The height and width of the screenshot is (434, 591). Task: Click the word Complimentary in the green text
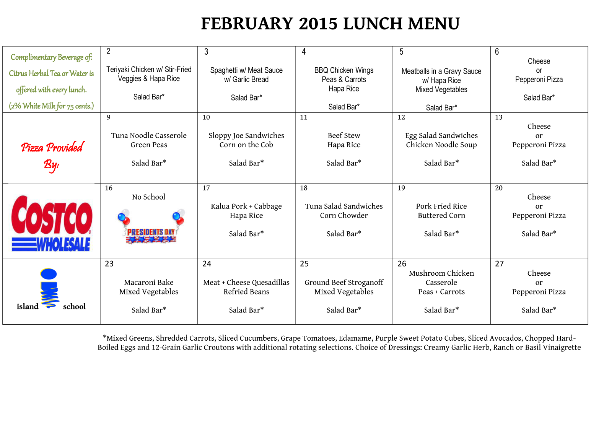(33, 57)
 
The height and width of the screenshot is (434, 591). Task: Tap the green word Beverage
(70, 57)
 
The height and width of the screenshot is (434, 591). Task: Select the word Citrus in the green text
(18, 73)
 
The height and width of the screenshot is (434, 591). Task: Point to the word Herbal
(38, 73)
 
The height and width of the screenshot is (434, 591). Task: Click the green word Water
(78, 73)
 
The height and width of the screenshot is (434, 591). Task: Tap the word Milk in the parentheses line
(49, 106)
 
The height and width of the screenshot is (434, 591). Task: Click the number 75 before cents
(70, 107)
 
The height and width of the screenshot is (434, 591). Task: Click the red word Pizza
(32, 148)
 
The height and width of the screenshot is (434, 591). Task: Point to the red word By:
(51, 165)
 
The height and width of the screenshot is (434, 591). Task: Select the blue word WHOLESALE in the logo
(63, 245)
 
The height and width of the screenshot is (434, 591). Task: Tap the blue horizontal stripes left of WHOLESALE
(24, 245)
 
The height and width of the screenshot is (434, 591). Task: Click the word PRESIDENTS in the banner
(145, 232)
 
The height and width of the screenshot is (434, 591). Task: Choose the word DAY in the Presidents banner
(169, 232)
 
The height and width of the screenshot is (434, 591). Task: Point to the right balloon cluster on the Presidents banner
(178, 217)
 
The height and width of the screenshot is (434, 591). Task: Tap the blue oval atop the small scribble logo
(49, 274)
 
